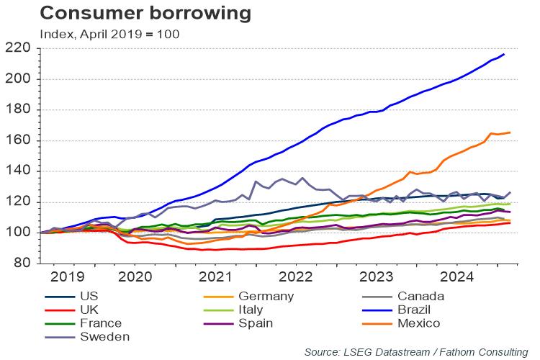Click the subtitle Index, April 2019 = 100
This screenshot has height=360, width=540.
click(x=109, y=33)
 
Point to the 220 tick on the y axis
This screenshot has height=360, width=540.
click(x=17, y=48)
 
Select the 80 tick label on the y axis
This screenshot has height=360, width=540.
click(x=21, y=263)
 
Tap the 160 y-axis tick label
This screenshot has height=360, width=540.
click(x=17, y=140)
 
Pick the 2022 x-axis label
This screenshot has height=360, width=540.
click(x=296, y=276)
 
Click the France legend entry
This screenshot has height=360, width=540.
click(x=101, y=323)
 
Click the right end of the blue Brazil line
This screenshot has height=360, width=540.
click(x=503, y=54)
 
